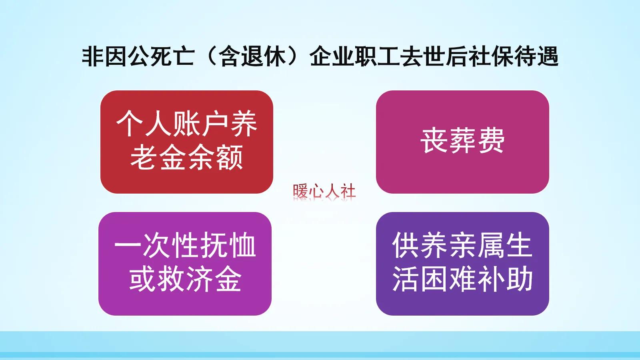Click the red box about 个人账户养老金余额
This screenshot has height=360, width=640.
pos(186,142)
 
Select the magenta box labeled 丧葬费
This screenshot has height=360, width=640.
pos(462,142)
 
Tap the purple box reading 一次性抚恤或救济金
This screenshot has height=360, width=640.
pos(185,264)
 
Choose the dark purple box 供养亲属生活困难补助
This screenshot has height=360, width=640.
pos(462,264)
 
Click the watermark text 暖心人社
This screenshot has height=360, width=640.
pos(324,191)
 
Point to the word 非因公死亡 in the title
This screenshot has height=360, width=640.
pos(138,56)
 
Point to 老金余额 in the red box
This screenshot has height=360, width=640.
pos(186,158)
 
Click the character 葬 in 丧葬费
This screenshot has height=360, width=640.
pos(462,141)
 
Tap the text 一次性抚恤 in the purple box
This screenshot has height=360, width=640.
pos(185,246)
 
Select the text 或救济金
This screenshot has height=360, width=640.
pos(185,279)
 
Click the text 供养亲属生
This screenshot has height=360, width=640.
pos(462,246)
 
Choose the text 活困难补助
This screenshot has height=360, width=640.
pos(462,279)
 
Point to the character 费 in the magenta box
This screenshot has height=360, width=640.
pos(492,141)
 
